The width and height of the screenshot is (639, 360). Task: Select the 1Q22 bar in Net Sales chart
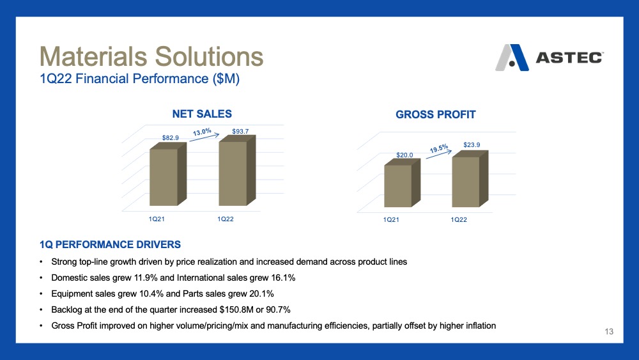(x=237, y=171)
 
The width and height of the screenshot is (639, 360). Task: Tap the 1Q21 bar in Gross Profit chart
(x=402, y=183)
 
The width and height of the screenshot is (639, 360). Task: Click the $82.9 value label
(x=171, y=138)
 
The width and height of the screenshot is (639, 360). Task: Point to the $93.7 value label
(x=240, y=131)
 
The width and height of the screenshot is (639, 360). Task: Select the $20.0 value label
(x=404, y=155)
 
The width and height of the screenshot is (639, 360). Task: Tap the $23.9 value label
(x=472, y=145)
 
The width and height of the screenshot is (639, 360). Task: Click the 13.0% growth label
(x=202, y=132)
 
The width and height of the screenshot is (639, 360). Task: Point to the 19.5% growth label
(x=439, y=148)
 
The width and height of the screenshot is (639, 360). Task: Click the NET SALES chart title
(x=202, y=114)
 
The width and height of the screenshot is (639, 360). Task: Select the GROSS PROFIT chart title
(x=436, y=114)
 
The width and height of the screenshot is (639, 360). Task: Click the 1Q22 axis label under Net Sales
(x=226, y=219)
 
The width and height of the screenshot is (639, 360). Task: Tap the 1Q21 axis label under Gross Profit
(x=391, y=220)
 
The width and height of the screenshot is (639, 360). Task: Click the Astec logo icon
(x=512, y=58)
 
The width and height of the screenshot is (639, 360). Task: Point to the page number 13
(x=609, y=331)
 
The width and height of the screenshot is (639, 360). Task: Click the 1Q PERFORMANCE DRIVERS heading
(x=110, y=245)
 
